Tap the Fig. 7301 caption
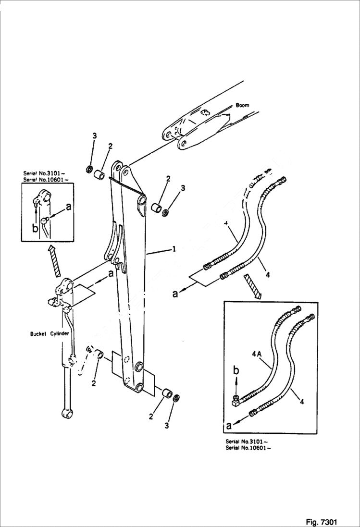pyautogui.click(x=321, y=521)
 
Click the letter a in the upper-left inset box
pyautogui.click(x=69, y=207)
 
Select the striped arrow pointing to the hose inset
pyautogui.click(x=252, y=286)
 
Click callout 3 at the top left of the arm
pyautogui.click(x=94, y=136)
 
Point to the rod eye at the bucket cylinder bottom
pyautogui.click(x=65, y=412)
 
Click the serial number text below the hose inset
pyautogui.click(x=247, y=444)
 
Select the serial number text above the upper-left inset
pyautogui.click(x=46, y=176)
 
